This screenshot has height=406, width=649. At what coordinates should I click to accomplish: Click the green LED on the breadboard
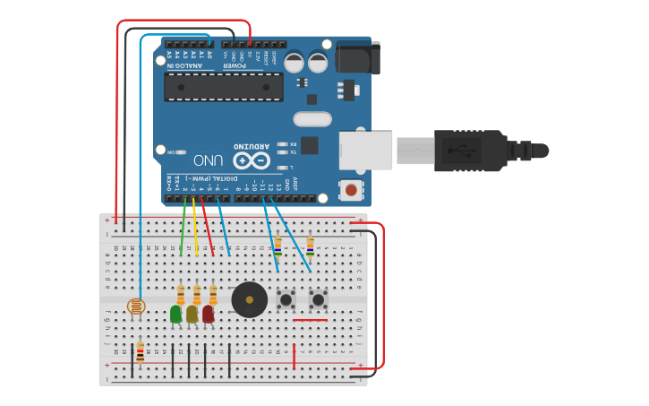(175, 314)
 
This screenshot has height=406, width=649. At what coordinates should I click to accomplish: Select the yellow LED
(192, 314)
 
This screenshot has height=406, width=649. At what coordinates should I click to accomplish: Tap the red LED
(208, 314)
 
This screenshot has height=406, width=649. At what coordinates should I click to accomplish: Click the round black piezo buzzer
(249, 299)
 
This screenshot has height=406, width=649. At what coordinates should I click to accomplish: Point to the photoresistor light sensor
(136, 307)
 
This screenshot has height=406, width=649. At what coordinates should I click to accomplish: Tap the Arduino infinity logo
(252, 160)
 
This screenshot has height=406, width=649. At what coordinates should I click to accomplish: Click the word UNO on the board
(208, 160)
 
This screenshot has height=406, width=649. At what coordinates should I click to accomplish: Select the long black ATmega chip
(224, 87)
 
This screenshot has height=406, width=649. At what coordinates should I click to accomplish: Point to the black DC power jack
(355, 59)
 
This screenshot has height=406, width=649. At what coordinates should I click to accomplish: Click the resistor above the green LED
(181, 294)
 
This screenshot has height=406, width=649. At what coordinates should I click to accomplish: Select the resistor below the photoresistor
(140, 350)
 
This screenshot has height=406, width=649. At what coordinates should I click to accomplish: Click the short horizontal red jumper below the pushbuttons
(310, 319)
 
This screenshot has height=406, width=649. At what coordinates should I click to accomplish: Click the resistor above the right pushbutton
(310, 245)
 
